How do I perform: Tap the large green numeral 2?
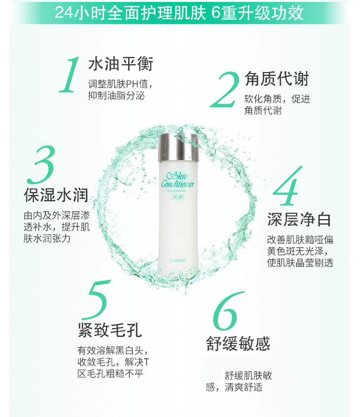click(x=224, y=90)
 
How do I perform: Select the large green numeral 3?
click(x=42, y=164)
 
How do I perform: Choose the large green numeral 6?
click(x=228, y=310)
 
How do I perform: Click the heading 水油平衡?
click(x=121, y=64)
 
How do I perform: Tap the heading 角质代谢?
click(x=276, y=79)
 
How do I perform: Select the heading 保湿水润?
click(x=56, y=195)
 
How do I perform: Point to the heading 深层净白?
click(x=299, y=219)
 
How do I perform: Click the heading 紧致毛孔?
click(x=109, y=330)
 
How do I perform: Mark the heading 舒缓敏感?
click(x=238, y=343)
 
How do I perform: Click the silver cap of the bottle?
click(x=178, y=148)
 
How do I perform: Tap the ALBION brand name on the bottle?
click(x=178, y=261)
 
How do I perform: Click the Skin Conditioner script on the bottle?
click(x=178, y=180)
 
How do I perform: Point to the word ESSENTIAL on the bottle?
click(x=177, y=190)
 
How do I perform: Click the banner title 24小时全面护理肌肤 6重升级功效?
click(x=180, y=12)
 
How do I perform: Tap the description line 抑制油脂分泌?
click(x=116, y=96)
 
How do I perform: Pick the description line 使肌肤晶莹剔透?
click(x=300, y=263)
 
